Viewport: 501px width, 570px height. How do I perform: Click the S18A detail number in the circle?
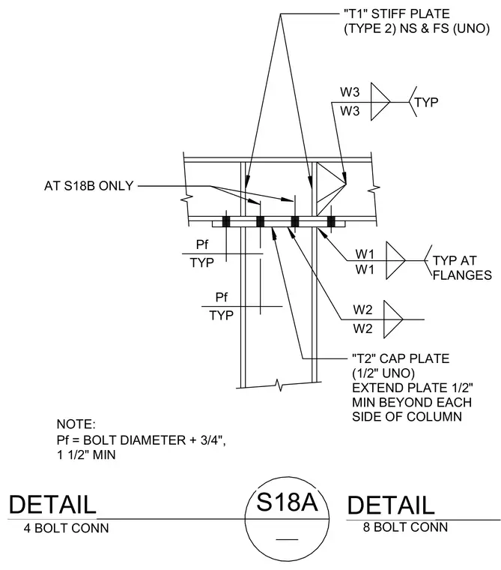pos(287,502)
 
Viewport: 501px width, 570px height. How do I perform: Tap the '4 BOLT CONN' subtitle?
pos(66,528)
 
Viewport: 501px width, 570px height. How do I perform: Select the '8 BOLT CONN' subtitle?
pos(405,527)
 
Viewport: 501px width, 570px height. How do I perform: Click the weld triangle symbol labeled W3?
pos(380,102)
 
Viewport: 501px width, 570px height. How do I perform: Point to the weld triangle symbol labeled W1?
pos(395,260)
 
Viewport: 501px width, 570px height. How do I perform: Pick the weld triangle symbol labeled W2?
pos(393,319)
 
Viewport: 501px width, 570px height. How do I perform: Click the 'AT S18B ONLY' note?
pos(89,186)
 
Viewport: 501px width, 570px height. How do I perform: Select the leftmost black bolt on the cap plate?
pos(226,221)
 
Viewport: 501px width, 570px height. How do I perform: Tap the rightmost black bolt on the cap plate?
pos(331,221)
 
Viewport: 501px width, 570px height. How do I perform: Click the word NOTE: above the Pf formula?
pos(76,424)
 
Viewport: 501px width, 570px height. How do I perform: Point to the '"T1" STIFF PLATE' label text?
pos(397,13)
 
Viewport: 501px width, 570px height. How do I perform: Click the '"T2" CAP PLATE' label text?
pos(401,358)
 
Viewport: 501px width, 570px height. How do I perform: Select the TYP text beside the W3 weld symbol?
pos(426,102)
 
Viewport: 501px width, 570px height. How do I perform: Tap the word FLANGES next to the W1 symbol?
pos(462,275)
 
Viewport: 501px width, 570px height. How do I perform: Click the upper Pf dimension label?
pos(202,244)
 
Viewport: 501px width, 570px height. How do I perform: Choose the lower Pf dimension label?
pos(222,297)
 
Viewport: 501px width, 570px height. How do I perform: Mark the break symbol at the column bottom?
pos(279,385)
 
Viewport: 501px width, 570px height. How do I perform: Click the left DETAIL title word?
pos(52,504)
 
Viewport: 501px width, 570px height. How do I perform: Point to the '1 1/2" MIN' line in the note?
pos(86,454)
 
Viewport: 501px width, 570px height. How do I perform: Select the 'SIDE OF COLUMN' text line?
pos(407,416)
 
